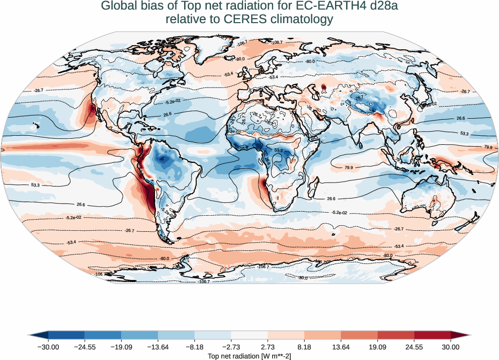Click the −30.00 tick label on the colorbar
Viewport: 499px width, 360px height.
coord(48,347)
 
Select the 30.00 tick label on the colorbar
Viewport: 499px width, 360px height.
coord(451,347)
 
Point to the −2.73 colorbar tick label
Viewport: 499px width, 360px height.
coord(231,347)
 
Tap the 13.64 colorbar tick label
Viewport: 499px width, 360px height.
coord(341,347)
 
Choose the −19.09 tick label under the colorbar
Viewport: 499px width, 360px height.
coord(121,347)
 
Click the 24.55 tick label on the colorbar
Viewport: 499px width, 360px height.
coord(414,347)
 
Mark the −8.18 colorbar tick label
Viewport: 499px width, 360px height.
coord(195,347)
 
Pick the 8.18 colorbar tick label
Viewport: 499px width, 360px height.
coord(304,347)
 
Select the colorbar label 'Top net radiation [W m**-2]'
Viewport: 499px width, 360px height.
coord(249,355)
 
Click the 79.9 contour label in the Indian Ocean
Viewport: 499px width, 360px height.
coord(349,167)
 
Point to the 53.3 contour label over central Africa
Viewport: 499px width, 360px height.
coord(278,150)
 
